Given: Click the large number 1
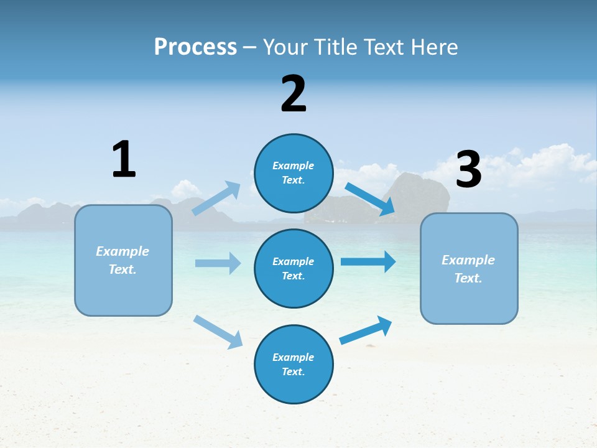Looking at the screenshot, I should (x=124, y=159).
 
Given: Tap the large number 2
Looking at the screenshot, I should (x=294, y=94).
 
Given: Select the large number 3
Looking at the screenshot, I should (x=469, y=169).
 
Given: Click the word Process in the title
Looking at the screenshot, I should (x=195, y=47).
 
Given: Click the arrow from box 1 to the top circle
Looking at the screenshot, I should (x=216, y=198).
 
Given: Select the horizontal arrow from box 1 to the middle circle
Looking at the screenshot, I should (x=218, y=263).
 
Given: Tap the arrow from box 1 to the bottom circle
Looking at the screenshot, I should (x=218, y=332).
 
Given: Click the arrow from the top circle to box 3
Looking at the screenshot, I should (x=370, y=199).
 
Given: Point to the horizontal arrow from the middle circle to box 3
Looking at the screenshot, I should (x=368, y=261).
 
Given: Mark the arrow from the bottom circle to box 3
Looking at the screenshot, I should (x=366, y=330).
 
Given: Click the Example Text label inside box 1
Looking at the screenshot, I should (x=123, y=260).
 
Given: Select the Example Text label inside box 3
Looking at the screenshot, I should (x=468, y=269).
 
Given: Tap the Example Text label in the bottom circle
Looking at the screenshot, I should (x=293, y=364).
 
